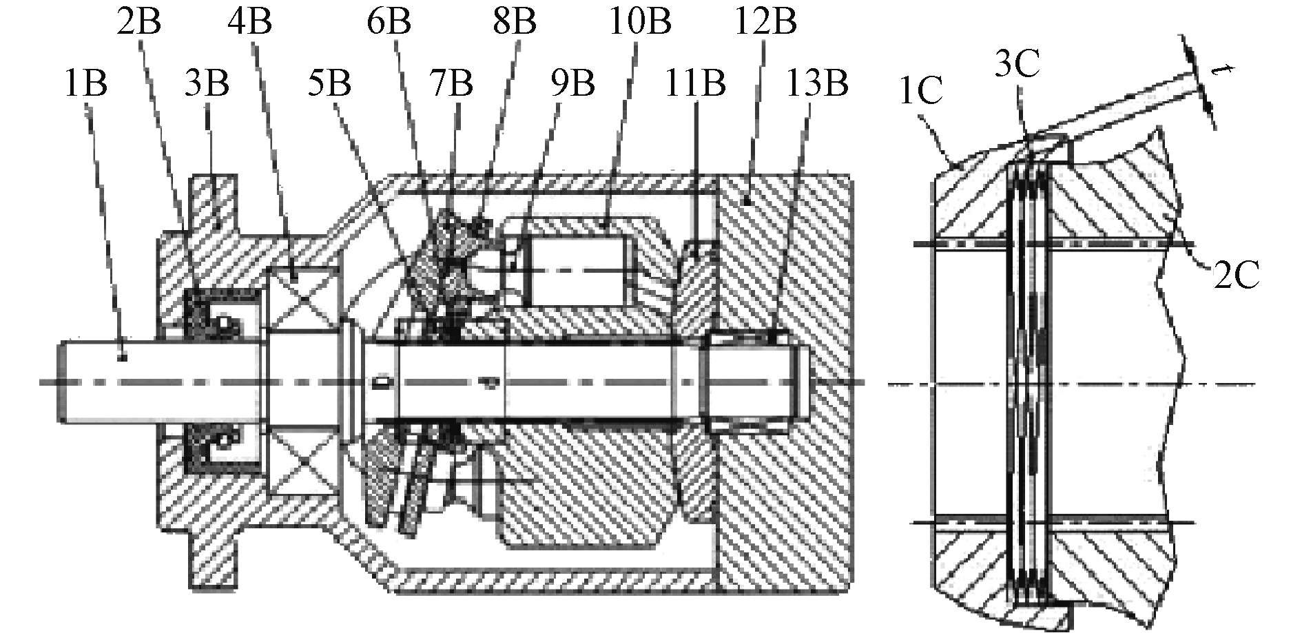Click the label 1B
86,84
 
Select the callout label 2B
139,21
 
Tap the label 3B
207,84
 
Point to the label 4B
249,21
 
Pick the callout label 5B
329,84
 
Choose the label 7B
451,84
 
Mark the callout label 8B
514,21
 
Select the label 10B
639,21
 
